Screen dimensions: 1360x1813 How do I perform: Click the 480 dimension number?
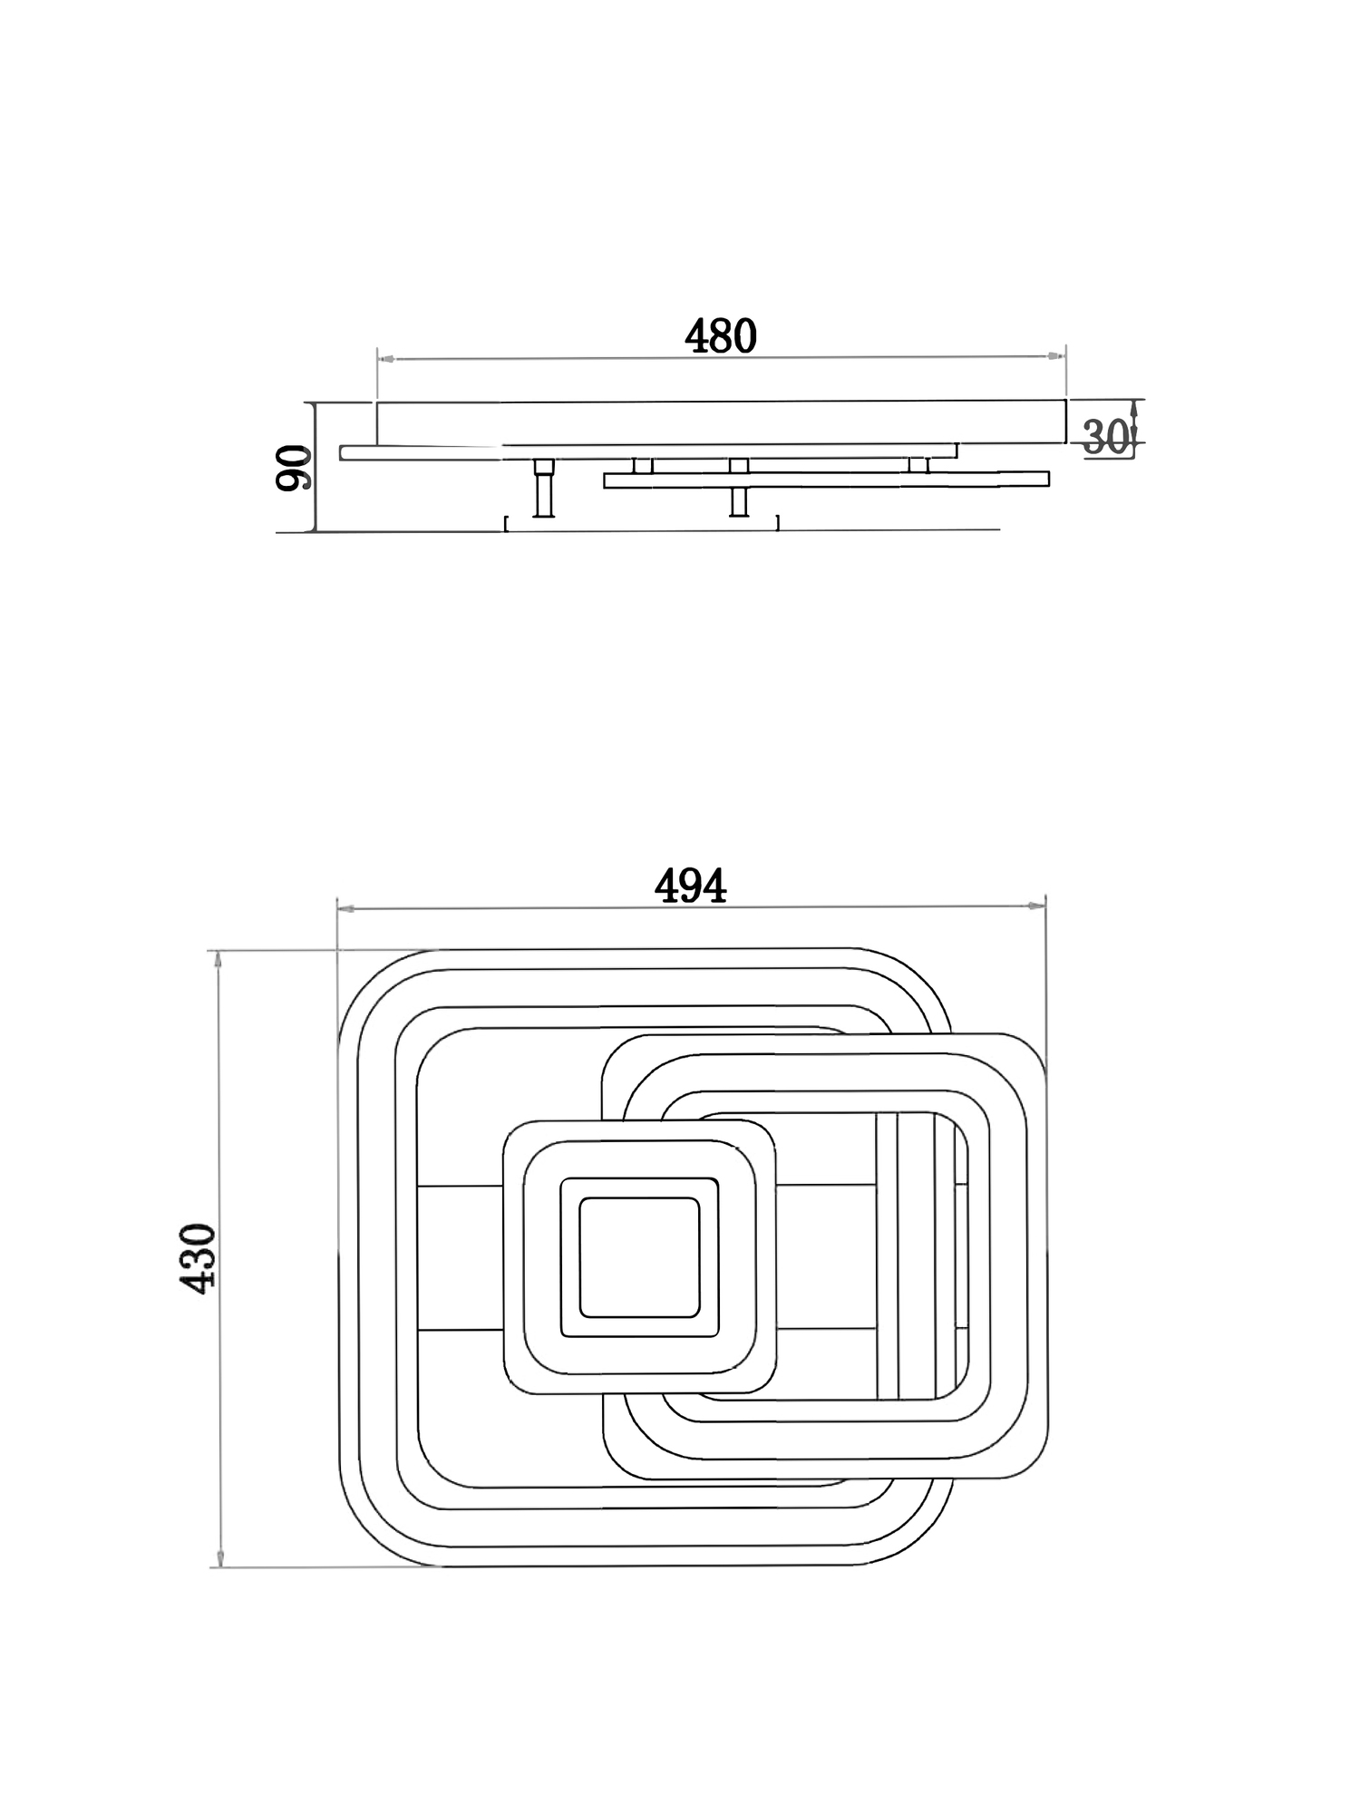tap(720, 336)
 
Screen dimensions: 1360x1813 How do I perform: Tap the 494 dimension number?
tap(691, 886)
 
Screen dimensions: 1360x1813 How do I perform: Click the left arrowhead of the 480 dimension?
tap(384, 360)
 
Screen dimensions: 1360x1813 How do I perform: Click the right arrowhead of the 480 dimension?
tap(1056, 356)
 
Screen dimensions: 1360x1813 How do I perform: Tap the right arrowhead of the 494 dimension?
tap(1037, 905)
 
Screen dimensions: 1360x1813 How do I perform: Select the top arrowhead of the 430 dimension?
tap(218, 960)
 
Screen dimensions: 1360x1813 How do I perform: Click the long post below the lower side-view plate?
tap(739, 501)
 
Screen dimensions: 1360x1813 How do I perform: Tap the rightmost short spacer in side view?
tap(919, 465)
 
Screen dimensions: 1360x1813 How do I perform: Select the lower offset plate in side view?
tap(826, 480)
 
